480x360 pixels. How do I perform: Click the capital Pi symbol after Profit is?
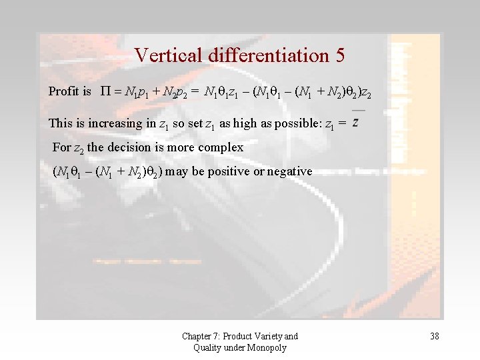point(105,91)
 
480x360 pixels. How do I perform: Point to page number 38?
point(434,336)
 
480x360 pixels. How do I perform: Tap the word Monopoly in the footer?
point(267,347)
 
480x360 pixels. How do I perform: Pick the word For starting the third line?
point(61,147)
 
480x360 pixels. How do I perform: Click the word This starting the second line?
point(60,123)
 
